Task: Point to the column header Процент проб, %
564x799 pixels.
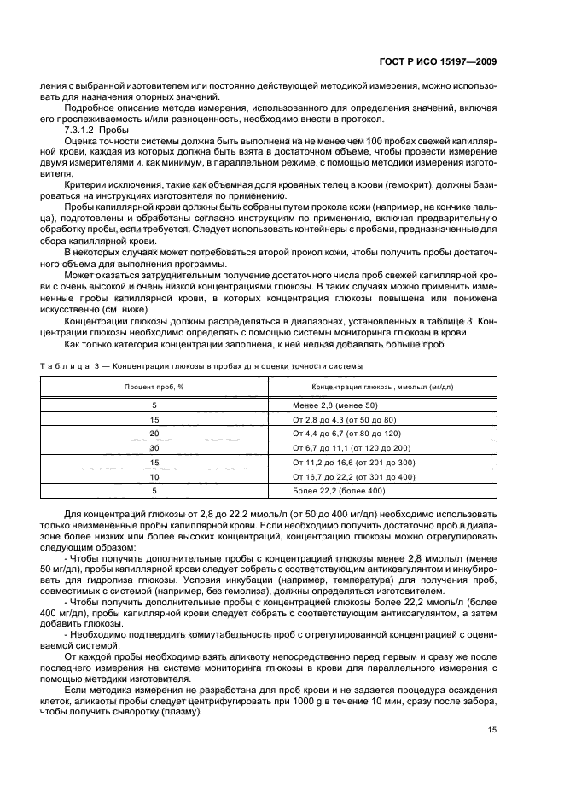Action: (154, 387)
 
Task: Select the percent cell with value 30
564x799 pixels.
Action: (154, 448)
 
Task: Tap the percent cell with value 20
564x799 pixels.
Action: (154, 434)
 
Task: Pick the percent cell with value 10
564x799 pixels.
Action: (154, 476)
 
